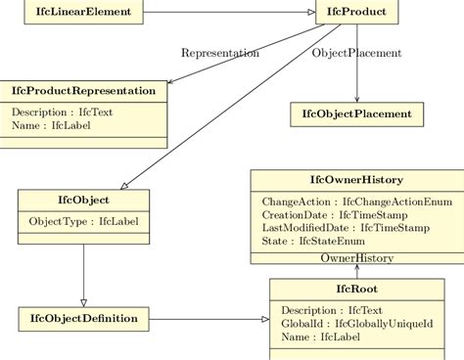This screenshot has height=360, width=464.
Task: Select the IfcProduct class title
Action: (x=356, y=13)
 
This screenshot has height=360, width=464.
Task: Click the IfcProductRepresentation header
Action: (x=82, y=91)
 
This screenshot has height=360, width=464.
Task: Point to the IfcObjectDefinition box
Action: (x=83, y=318)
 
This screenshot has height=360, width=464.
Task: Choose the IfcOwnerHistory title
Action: (x=356, y=180)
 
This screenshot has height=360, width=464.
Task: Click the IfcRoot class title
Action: (x=356, y=290)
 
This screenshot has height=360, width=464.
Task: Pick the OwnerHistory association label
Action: (x=356, y=258)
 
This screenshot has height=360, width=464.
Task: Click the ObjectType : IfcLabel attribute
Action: (x=83, y=221)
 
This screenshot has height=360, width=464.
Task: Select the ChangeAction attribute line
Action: (x=346, y=202)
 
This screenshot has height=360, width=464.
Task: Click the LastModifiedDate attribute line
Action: (x=346, y=227)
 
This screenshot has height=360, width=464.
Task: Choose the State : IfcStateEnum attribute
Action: (x=313, y=240)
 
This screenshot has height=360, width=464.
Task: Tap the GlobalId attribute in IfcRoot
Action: (x=355, y=324)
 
